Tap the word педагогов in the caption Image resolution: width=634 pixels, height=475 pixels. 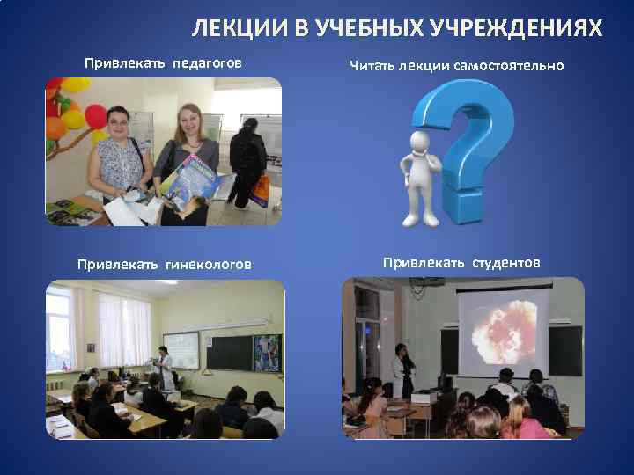[x=207, y=64]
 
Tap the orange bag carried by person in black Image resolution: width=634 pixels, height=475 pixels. [x=261, y=189]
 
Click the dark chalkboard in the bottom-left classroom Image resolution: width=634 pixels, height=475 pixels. [x=228, y=352]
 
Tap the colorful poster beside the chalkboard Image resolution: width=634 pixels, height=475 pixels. [x=267, y=352]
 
